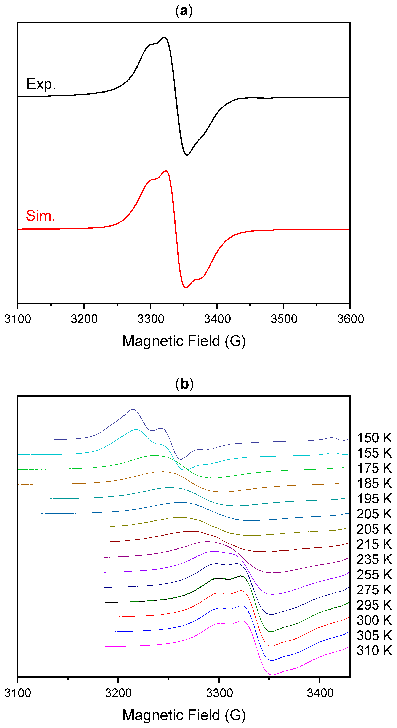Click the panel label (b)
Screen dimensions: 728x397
(184, 384)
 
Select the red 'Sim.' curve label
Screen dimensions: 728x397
(40, 216)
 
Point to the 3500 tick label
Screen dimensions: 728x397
(284, 319)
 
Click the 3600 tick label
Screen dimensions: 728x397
(350, 319)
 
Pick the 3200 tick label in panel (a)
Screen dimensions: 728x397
(84, 319)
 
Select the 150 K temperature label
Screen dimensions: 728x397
(374, 438)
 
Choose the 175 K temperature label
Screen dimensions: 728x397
(374, 468)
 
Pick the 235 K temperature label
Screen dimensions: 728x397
(374, 559)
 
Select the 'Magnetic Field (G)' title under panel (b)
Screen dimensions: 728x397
(184, 715)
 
